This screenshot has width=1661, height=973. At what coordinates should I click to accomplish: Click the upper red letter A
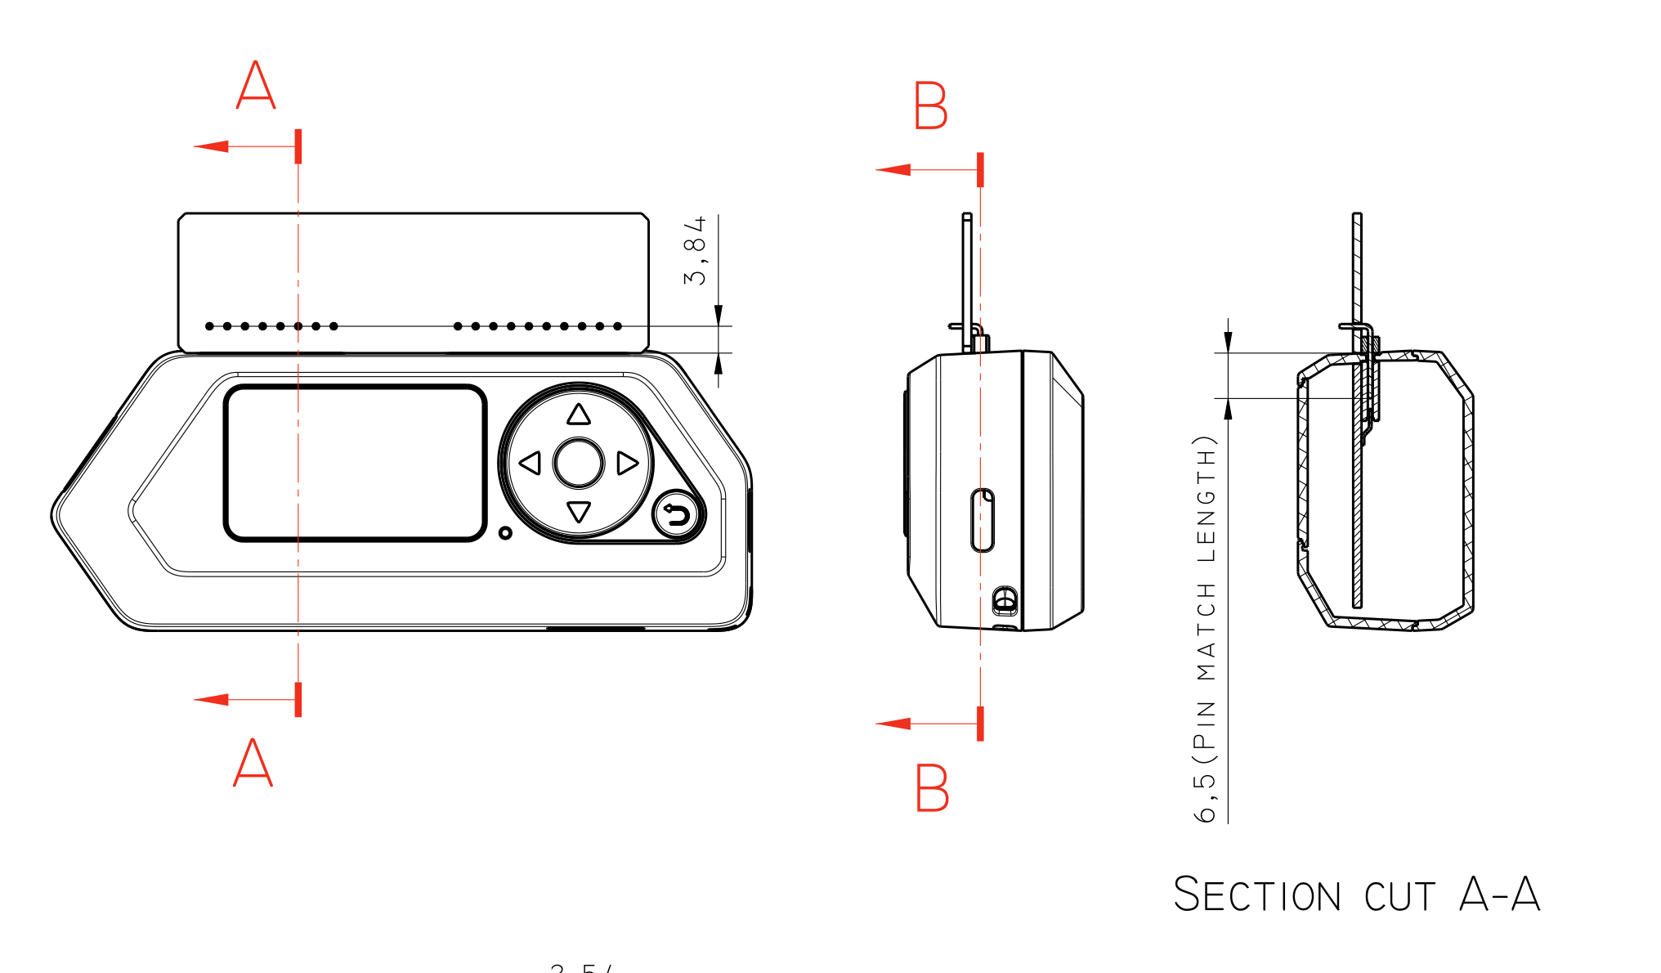pos(256,85)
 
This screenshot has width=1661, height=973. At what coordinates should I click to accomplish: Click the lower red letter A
pos(253,762)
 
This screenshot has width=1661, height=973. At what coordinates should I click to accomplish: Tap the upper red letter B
pos(931,105)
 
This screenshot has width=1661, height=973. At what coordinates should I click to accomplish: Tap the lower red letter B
pos(932,787)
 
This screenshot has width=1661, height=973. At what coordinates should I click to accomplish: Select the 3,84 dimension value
pos(695,251)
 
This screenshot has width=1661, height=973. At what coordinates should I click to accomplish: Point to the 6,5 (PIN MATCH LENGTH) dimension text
pos(1206,628)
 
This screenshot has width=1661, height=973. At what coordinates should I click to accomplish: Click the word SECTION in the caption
pos(1256,895)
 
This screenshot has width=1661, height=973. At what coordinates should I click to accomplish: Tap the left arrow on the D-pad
pos(531,464)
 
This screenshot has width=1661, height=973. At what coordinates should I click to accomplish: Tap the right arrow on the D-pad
pos(627,464)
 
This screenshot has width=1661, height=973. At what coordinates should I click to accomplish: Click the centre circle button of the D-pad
pos(579,464)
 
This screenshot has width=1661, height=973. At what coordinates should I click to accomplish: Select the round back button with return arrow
pos(677,515)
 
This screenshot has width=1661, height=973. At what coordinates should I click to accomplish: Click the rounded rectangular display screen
pos(356,463)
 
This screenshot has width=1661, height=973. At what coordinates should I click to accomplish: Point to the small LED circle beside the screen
pos(505,533)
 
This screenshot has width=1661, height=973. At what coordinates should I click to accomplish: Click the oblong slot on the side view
pos(983,520)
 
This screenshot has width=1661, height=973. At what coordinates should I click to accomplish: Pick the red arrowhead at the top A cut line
pos(211,146)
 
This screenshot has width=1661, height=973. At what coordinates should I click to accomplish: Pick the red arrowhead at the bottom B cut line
pos(893,724)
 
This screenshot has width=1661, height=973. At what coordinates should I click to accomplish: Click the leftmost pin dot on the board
pos(209,326)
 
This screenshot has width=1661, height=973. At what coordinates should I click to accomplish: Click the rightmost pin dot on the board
pos(618,326)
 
